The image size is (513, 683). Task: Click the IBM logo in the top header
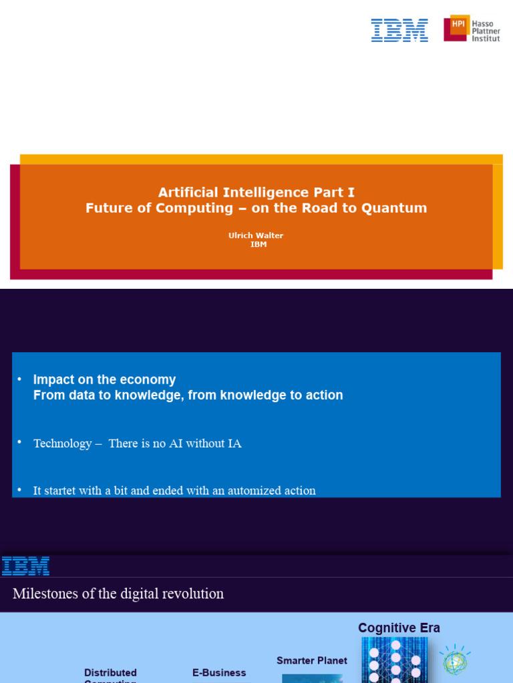click(399, 30)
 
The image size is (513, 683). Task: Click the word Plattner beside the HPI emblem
click(486, 31)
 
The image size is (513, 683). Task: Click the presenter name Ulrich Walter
click(256, 236)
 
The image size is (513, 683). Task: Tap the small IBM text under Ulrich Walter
click(258, 245)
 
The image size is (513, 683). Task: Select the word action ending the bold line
click(323, 396)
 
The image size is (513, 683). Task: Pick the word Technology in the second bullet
click(62, 444)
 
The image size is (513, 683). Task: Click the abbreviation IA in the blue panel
click(234, 444)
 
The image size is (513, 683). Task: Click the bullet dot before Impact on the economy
click(20, 380)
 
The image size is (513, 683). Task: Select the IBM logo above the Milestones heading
click(25, 566)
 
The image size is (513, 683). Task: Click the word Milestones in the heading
click(45, 594)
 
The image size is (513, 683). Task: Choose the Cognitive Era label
click(399, 628)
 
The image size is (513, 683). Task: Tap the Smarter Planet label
click(312, 660)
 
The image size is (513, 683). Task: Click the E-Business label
click(219, 673)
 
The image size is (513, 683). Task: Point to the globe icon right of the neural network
click(456, 661)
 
